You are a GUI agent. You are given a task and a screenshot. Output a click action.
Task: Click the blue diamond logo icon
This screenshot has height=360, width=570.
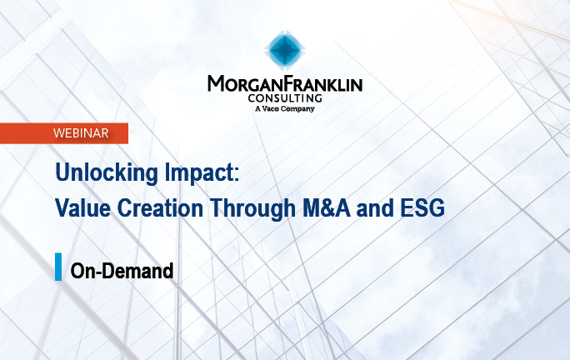coord(284,52)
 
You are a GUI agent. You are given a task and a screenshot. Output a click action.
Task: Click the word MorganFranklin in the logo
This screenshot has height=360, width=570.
coord(284,84)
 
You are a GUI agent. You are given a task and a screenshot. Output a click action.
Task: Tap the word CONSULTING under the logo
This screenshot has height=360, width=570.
coord(284,97)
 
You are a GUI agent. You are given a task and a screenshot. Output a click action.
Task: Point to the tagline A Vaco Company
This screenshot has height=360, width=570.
coord(284,108)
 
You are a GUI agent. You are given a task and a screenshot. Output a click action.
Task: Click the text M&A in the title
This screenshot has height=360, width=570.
coord(320,208)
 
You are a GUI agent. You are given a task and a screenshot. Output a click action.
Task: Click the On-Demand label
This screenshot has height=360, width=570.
coord(122,270)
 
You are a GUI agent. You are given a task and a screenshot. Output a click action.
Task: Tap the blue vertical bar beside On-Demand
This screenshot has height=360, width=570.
coord(58,267)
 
